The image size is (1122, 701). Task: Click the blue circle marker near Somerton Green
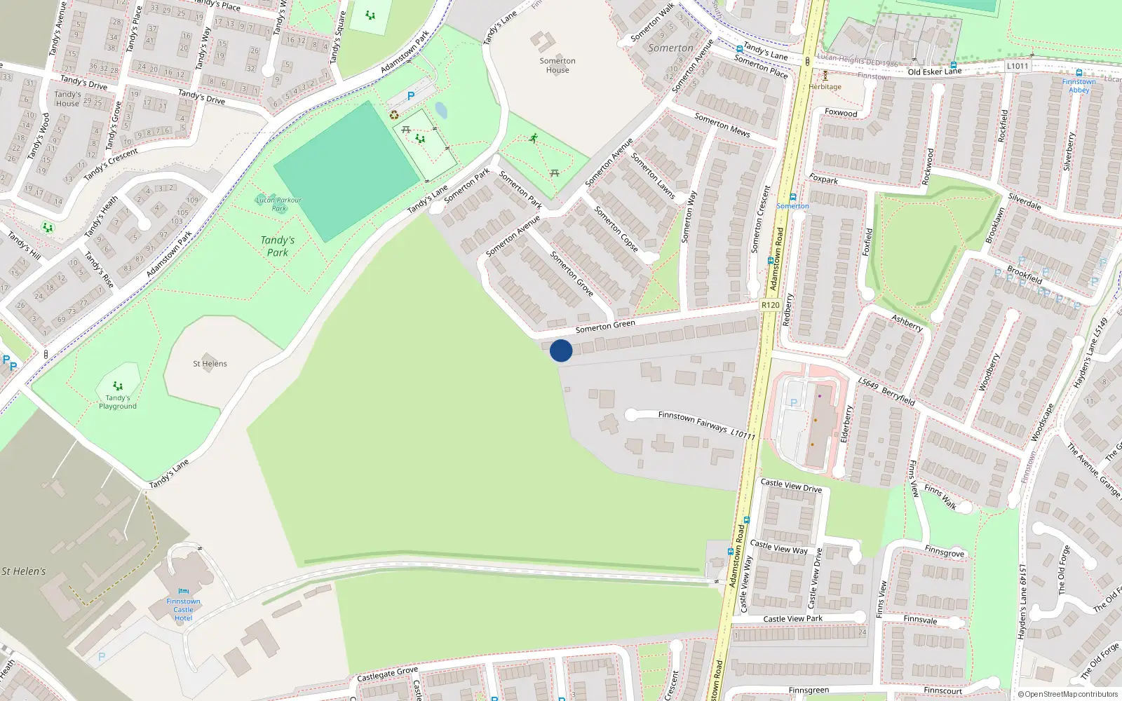pos(561,350)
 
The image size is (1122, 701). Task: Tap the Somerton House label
pos(557,65)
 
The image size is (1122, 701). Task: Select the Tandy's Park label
pos(278,246)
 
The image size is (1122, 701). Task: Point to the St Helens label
pos(210,364)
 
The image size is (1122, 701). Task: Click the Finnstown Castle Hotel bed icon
pos(183,592)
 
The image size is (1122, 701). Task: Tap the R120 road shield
pos(770,305)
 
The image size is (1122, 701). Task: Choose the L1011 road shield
pos(1017,66)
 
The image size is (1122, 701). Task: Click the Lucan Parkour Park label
pos(278,204)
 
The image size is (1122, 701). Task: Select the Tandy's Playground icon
pos(118,386)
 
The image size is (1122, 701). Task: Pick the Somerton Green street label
pos(605,326)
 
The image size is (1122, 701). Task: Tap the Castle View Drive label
pos(791,485)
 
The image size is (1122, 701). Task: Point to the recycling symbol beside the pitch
pos(394,115)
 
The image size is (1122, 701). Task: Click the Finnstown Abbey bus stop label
pos(1079,86)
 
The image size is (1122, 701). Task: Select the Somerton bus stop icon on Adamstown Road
pos(792,197)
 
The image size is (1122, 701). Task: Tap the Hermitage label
pos(825,87)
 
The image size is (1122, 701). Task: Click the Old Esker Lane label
pos(934,72)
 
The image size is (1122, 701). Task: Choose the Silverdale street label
pos(1025,201)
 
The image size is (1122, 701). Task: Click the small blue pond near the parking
pos(441,111)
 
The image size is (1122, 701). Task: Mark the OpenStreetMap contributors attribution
pos(1067,694)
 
